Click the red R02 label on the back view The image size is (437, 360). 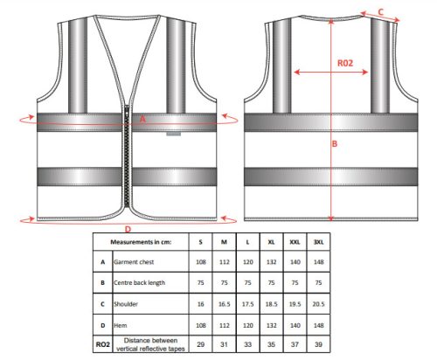pos(345,63)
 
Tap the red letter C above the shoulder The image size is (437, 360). pos(381,12)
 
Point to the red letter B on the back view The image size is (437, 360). pos(335,143)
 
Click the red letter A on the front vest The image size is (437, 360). pos(142,119)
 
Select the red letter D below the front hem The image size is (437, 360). pos(128,230)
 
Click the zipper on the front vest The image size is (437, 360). pos(127,156)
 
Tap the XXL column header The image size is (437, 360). pos(295,242)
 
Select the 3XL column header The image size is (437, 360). pos(318,242)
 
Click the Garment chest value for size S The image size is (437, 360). pos(201,262)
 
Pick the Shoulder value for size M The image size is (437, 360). pos(225,304)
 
